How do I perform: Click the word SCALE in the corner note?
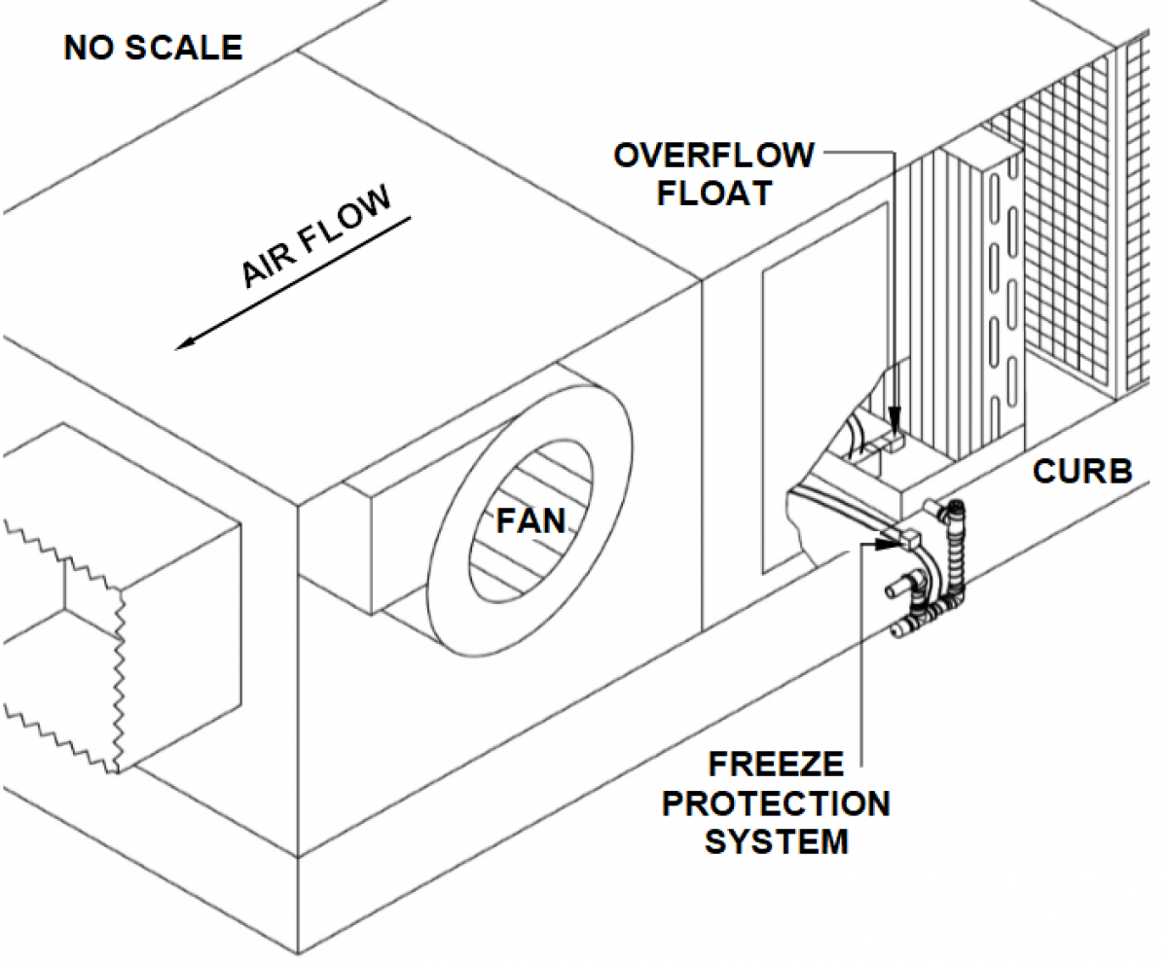coord(185,47)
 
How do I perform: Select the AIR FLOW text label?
coord(315,238)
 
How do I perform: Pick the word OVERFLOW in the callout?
coord(713,156)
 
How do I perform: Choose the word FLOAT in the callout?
coord(713,192)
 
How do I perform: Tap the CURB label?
coord(1082,472)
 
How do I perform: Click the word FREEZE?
coord(776,765)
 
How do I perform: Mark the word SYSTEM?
coord(776,840)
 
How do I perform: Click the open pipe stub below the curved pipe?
coord(894,589)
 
